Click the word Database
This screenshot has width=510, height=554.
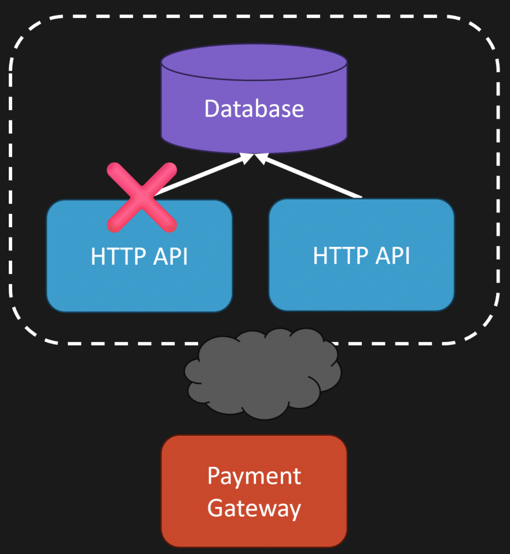click(x=254, y=108)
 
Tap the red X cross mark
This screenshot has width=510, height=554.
click(x=141, y=197)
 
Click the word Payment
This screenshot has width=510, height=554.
click(x=254, y=476)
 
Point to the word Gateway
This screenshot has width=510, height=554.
click(x=254, y=508)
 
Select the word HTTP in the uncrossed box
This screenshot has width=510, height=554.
click(x=336, y=255)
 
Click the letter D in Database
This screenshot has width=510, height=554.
click(x=212, y=108)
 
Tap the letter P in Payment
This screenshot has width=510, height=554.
click(x=213, y=476)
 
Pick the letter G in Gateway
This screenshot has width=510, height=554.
click(x=215, y=508)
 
